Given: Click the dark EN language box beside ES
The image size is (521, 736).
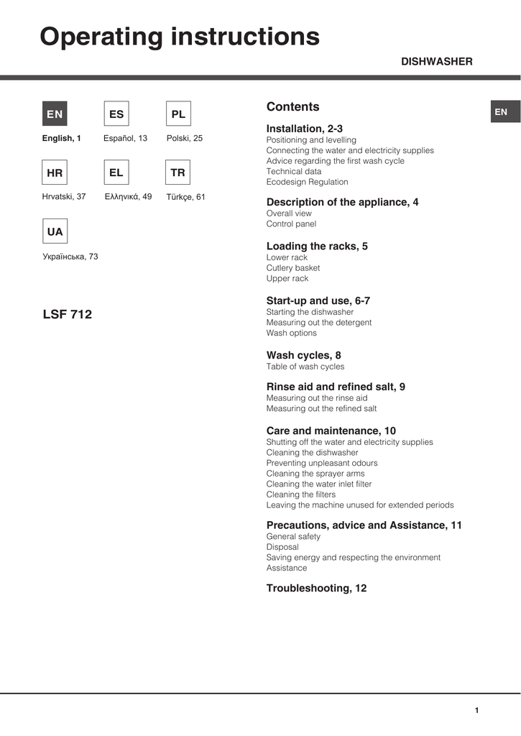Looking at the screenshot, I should point(55,114).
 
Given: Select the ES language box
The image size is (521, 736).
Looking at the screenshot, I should point(116,114).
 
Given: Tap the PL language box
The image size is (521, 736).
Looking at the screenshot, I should point(178,114).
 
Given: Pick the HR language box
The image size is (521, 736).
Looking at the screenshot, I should point(55,173).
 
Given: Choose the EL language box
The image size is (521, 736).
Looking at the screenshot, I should point(116,173).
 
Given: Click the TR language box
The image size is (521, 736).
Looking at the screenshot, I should point(178,173).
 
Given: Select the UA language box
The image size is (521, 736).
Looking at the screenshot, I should point(55,232).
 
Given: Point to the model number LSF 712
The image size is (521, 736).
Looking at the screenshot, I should point(68,314).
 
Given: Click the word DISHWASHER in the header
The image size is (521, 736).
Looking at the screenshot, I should point(436,62).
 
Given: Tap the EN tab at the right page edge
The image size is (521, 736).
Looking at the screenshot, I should point(501,112).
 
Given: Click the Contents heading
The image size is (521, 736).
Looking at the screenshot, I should point(292,107).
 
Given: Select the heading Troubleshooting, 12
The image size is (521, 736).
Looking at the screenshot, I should point(316,588).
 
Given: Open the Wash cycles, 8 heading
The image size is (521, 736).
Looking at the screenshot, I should point(303,355).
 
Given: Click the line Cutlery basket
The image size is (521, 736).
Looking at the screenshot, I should point(293,268).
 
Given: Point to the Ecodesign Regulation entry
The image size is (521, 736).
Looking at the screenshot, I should point(307,182).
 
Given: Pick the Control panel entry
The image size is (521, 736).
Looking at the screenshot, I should point(291,224).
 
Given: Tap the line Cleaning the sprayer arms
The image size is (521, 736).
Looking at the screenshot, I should point(315,474).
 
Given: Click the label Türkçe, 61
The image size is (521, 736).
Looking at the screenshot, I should point(185,197).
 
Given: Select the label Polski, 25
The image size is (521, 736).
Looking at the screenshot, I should point(185,138).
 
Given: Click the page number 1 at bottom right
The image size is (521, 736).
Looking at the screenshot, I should point(476,711).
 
